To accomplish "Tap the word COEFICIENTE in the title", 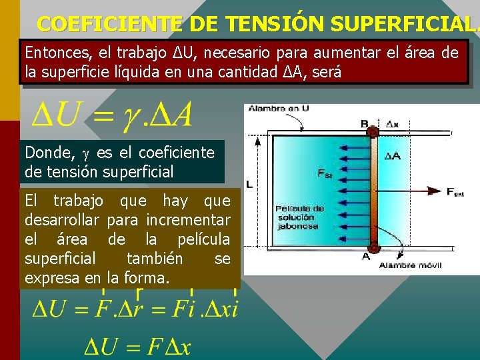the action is click(109, 24).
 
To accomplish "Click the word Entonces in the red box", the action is click(53, 53).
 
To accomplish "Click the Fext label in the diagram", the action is click(455, 192).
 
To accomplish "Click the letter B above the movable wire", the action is click(365, 123).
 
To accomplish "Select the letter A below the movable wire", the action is click(366, 256).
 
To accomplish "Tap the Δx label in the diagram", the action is click(393, 124).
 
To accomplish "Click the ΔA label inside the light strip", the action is click(393, 156).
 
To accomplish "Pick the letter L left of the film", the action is click(249, 183).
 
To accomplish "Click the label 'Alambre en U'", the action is click(269, 108).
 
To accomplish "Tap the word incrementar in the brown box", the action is click(189, 219).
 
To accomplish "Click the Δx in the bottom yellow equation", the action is click(177, 347).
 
